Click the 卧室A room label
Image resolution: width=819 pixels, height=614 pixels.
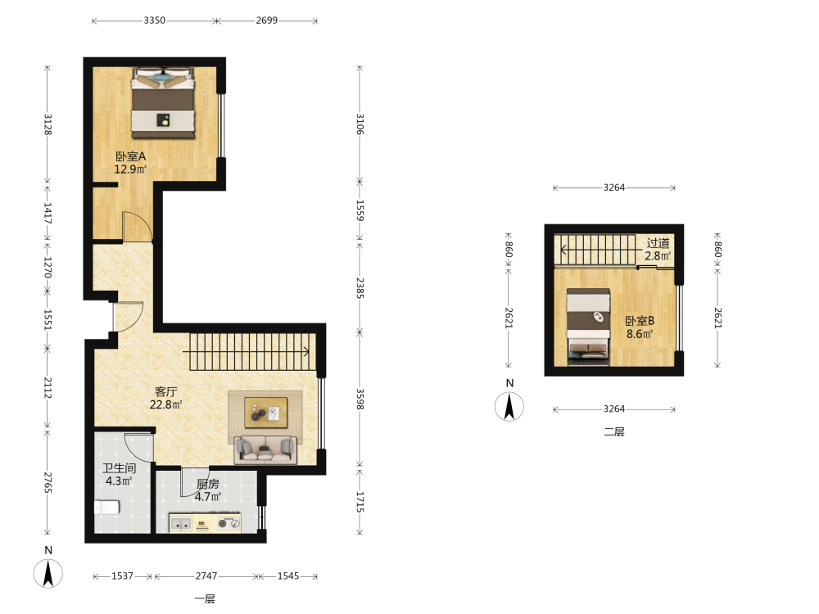tap(130, 156)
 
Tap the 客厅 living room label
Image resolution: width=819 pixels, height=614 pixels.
tap(165, 391)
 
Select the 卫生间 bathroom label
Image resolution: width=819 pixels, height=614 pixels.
tap(119, 468)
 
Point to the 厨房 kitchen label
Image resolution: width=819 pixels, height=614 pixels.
tap(208, 484)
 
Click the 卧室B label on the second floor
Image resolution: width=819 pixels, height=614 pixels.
tap(640, 321)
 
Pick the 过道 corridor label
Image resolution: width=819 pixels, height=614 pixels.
tap(658, 243)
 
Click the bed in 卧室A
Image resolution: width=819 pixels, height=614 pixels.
tap(163, 103)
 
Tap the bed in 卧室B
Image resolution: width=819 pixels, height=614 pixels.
tap(589, 327)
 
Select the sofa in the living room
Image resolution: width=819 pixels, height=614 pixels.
tap(266, 449)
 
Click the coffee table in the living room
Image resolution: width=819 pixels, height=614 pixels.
tap(266, 413)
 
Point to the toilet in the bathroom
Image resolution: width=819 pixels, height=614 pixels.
tap(107, 507)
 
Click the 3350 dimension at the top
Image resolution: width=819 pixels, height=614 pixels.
tap(155, 20)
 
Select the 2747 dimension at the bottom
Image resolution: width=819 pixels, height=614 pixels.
tap(206, 576)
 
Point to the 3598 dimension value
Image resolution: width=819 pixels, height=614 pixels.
tap(360, 399)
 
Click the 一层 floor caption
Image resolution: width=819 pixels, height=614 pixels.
tap(205, 599)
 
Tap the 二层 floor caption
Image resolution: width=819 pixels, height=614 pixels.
tap(614, 431)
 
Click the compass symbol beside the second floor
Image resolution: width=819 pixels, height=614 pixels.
tap(509, 407)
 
